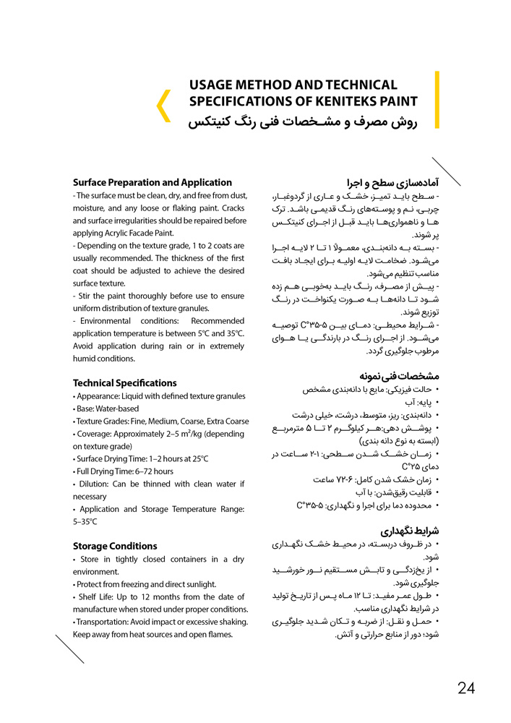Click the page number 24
(x=466, y=688)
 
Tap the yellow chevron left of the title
(x=163, y=105)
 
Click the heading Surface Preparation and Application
(x=153, y=183)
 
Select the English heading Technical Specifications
(x=124, y=383)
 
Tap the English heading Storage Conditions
(x=115, y=546)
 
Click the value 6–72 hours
(x=153, y=471)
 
